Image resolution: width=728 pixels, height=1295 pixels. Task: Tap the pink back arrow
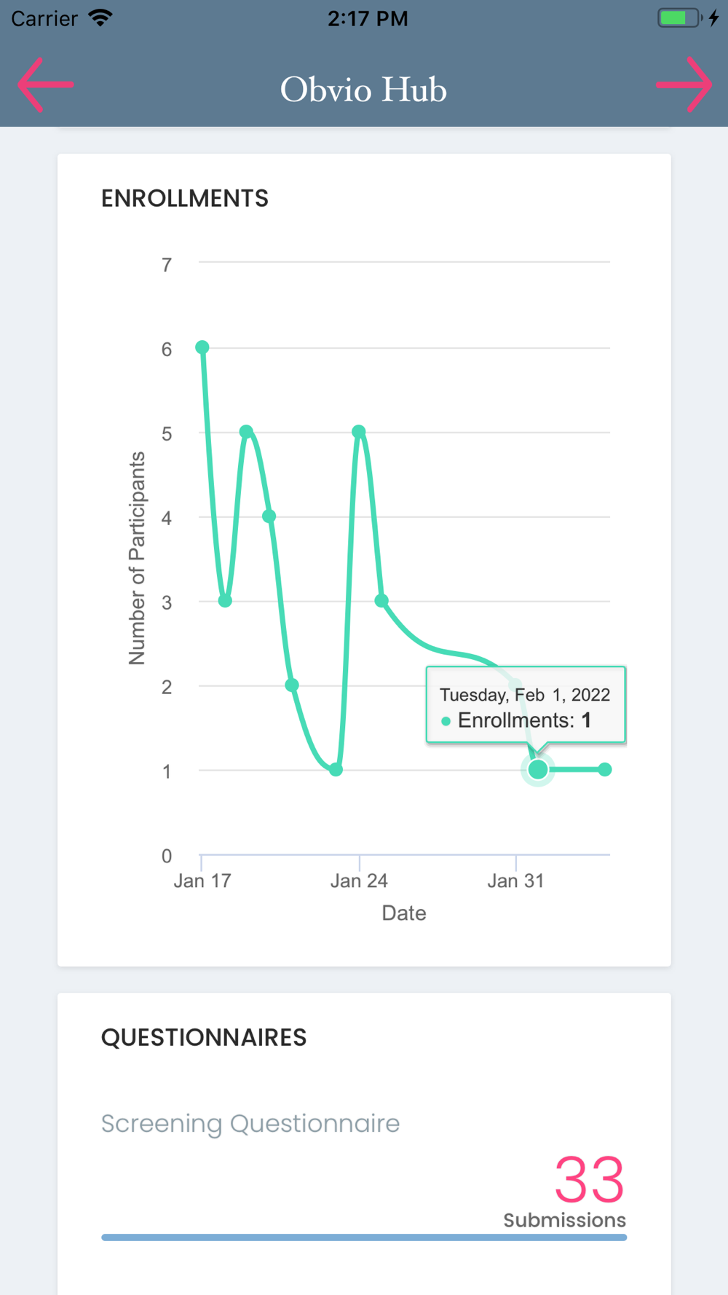click(x=45, y=85)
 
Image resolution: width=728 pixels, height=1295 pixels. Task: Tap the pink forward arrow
click(x=684, y=85)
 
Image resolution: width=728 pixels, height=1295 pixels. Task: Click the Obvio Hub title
click(x=363, y=90)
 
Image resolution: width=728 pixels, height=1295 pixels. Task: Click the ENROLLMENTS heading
click(x=185, y=199)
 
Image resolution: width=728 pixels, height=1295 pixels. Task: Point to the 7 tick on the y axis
click(x=167, y=264)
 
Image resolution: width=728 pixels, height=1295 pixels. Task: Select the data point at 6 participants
click(x=202, y=347)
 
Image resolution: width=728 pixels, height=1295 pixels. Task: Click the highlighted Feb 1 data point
click(x=538, y=769)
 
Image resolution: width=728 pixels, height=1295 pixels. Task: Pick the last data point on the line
click(x=605, y=769)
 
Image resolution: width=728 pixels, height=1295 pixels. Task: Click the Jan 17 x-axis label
click(x=202, y=881)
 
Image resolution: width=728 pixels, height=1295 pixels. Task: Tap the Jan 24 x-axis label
click(x=359, y=881)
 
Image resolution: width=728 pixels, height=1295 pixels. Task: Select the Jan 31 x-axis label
click(x=515, y=881)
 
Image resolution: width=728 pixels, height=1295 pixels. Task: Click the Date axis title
click(x=404, y=913)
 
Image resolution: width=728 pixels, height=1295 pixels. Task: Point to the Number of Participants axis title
click(x=137, y=559)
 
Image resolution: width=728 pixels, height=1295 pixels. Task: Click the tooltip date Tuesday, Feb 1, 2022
click(x=524, y=695)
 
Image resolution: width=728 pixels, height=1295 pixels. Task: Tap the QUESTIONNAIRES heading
click(x=204, y=1038)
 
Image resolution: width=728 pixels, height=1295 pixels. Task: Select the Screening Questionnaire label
click(x=250, y=1124)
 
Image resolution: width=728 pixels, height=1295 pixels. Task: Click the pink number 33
click(x=589, y=1180)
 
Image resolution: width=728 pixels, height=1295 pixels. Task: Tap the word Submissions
click(x=564, y=1220)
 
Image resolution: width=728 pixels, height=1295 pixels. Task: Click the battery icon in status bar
click(x=679, y=18)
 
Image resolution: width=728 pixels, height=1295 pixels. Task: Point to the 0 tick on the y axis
click(x=167, y=856)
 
